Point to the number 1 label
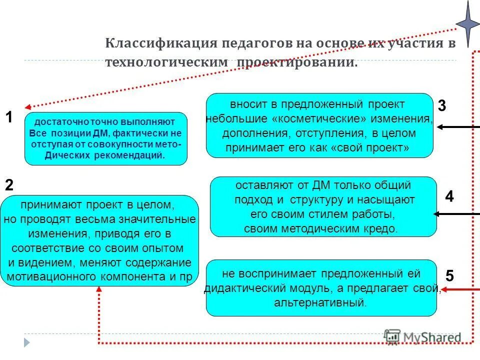point(9,117)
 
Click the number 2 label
point(9,185)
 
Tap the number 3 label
point(442,106)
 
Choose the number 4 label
point(449,197)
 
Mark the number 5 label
point(450,275)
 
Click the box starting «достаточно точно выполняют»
point(105,138)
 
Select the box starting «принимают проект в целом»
point(99,240)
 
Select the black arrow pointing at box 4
point(456,214)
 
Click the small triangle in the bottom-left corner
point(27,342)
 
